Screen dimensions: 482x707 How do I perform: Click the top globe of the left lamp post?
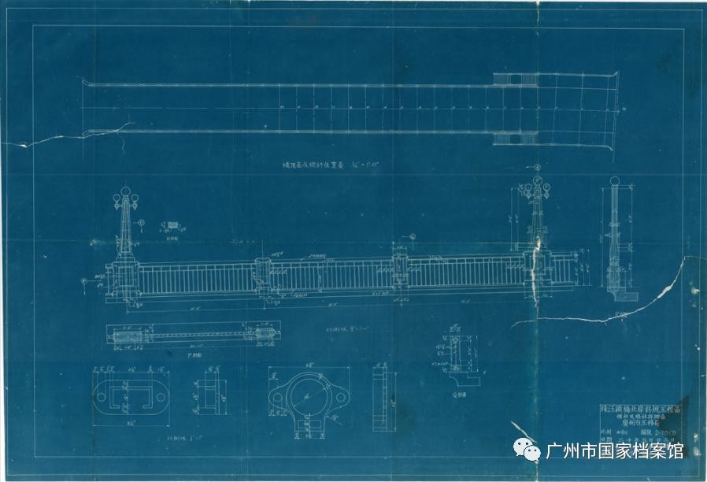point(124,191)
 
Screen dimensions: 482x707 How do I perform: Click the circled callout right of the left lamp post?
point(141,223)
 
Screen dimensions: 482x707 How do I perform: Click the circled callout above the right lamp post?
point(536,168)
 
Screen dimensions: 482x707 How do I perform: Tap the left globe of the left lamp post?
point(116,198)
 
